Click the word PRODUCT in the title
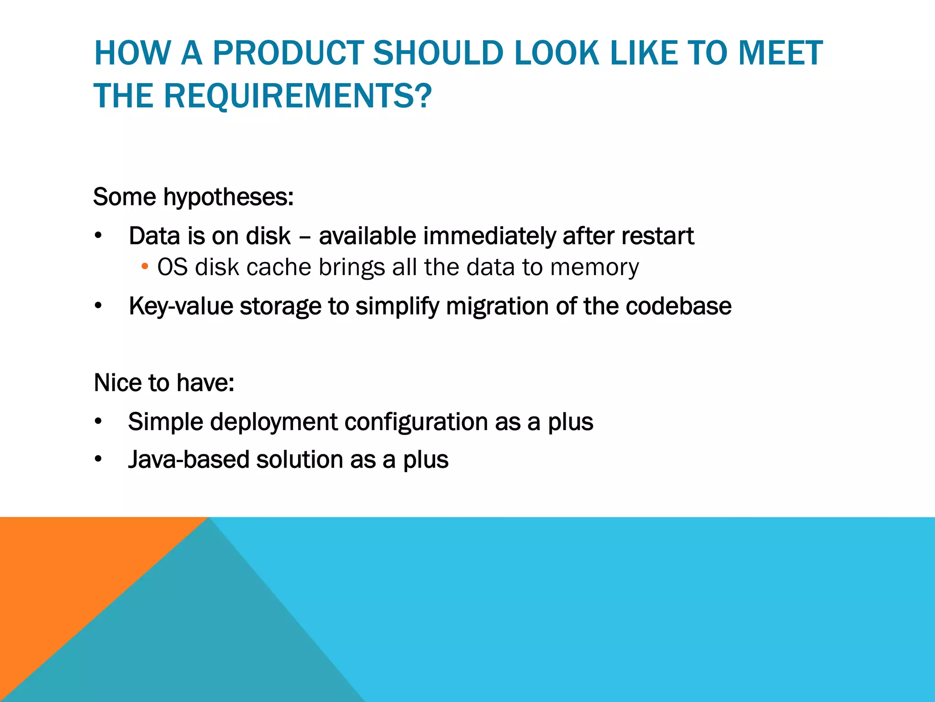288,53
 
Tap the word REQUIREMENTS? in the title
297,96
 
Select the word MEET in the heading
780,53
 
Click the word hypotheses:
228,197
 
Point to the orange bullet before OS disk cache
145,266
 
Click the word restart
657,236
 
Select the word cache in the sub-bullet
278,267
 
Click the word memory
594,267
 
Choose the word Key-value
180,306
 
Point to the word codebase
678,306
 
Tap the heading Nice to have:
164,383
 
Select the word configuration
416,422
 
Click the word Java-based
188,460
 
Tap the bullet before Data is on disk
98,236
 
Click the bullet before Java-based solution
98,460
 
